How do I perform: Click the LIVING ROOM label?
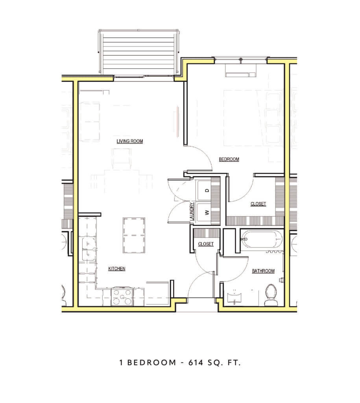[x=129, y=141]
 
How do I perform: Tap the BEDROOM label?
[x=229, y=159]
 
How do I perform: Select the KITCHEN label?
[x=116, y=269]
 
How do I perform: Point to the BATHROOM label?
[x=263, y=271]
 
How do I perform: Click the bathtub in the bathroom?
[x=261, y=239]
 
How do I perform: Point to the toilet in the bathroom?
[x=271, y=295]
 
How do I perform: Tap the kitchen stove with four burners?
[x=122, y=297]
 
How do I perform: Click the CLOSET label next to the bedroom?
[x=258, y=204]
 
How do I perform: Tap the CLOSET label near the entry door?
[x=205, y=244]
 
